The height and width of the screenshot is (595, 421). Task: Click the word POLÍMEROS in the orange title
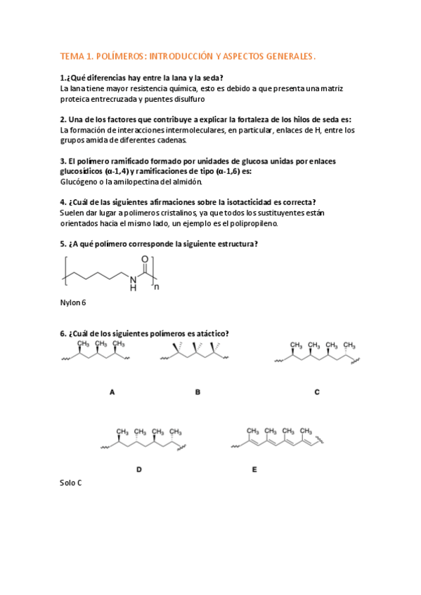coord(115,55)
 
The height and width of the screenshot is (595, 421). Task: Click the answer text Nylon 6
coord(73,303)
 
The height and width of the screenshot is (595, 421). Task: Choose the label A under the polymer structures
coord(112,393)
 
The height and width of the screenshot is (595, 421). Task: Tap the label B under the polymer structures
coord(197,393)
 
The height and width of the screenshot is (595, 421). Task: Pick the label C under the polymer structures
coord(317,393)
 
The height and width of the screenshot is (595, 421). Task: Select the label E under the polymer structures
coord(254,469)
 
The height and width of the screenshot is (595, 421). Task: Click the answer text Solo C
coord(72,483)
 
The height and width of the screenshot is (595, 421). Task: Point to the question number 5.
coord(63,243)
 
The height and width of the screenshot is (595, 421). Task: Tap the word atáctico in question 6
coord(207,333)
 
